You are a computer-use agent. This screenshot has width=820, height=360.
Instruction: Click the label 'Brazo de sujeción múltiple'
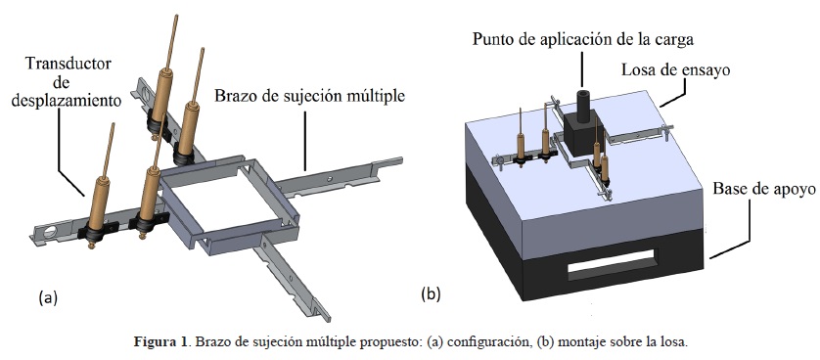coord(310,97)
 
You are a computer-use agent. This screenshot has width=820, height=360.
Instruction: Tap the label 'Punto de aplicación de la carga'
coord(583,40)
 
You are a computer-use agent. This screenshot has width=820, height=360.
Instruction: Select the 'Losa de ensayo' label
coord(675,69)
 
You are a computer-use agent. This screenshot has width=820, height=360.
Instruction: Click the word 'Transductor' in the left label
coord(68,64)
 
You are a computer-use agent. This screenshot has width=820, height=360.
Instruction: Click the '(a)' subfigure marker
coord(48,297)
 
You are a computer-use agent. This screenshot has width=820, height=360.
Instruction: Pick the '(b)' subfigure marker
coord(431,294)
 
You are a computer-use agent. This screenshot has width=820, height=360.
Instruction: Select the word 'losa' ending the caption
coord(675,342)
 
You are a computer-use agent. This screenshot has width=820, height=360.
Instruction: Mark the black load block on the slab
coord(582,134)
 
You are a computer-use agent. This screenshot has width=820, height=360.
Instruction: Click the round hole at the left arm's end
coord(49,232)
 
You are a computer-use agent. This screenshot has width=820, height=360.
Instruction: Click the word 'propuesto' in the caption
coord(396,343)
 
